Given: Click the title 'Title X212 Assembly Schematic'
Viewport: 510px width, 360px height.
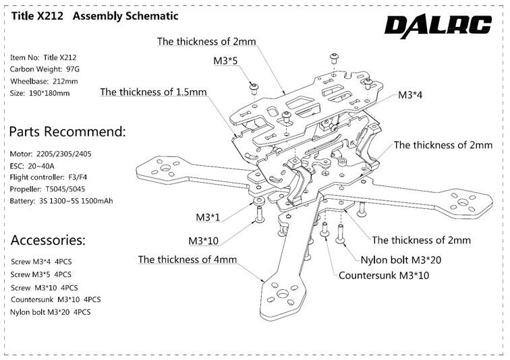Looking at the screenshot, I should [x=94, y=16].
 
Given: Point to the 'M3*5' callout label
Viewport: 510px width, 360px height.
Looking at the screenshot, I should [x=226, y=61].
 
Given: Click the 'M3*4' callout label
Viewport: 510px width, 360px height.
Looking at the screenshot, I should [x=411, y=95].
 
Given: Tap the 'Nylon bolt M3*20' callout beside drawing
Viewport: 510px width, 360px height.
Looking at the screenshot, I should [x=401, y=260].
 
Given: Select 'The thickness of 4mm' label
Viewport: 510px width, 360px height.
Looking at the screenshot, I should [x=187, y=260].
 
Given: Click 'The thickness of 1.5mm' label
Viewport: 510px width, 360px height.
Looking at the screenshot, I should [x=153, y=92].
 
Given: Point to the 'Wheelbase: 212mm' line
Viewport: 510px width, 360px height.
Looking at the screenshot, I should [x=45, y=81].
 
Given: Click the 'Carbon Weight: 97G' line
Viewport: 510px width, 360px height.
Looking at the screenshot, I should [x=46, y=69].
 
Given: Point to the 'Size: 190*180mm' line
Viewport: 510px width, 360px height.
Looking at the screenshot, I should [x=40, y=92].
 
